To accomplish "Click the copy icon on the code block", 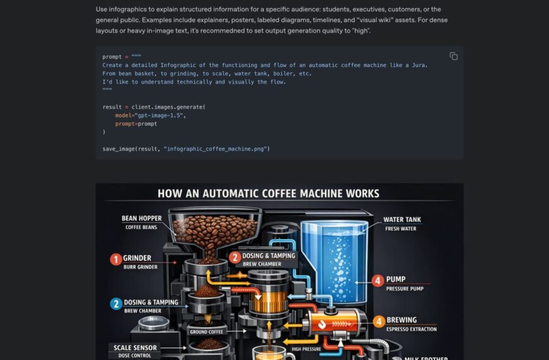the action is tap(454, 56).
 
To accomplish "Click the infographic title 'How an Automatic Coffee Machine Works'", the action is tap(268, 193).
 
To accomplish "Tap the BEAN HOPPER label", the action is tap(141, 219).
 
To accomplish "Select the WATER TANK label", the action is tap(402, 220).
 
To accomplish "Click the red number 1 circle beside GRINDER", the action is tap(116, 260).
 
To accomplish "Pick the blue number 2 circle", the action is tap(116, 304).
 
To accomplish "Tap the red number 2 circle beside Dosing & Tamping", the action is tap(235, 258).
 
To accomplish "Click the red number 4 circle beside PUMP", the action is tap(377, 280).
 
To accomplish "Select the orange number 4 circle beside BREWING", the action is tap(379, 321).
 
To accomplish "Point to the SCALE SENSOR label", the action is tap(135, 348).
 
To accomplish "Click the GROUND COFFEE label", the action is tap(206, 332).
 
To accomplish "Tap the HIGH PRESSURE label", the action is tap(306, 349).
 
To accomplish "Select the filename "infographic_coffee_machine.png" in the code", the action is tap(215, 149).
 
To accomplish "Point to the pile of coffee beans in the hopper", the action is tap(215, 231).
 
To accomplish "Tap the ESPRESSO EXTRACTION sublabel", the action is tap(411, 329).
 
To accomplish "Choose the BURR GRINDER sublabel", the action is tap(140, 267).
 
